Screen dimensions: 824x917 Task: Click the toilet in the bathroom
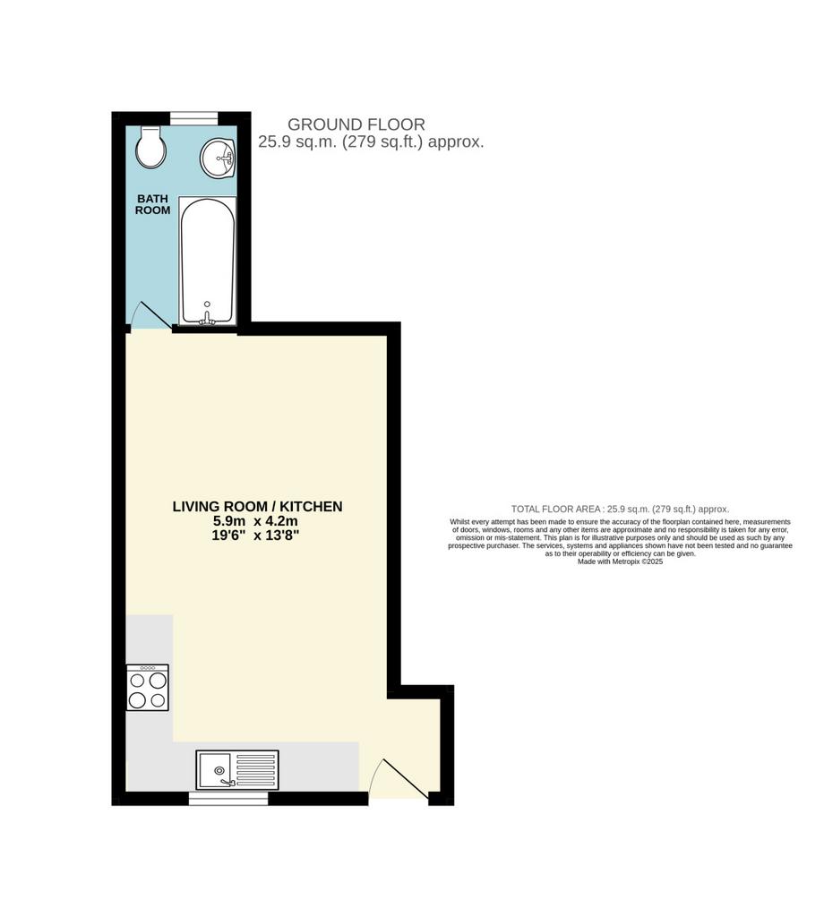pos(150,147)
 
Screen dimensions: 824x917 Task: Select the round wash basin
pos(218,158)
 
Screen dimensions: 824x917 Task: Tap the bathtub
pos(208,261)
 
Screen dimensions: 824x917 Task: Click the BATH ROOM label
pos(152,205)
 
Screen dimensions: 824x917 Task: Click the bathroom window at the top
pos(194,119)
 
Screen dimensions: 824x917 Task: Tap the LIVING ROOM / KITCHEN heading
pos(257,507)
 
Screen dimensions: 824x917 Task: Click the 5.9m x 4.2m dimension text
pos(255,521)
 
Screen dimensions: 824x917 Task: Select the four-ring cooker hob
pos(148,688)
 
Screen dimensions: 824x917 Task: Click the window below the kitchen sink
pos(228,798)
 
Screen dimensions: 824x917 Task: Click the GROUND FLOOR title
pos(356,124)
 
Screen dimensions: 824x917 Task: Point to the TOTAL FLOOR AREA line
pos(620,510)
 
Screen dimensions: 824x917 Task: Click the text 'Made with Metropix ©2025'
pos(620,561)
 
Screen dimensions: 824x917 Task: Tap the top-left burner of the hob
pos(137,681)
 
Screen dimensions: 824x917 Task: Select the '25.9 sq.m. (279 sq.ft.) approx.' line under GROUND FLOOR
pos(372,142)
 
